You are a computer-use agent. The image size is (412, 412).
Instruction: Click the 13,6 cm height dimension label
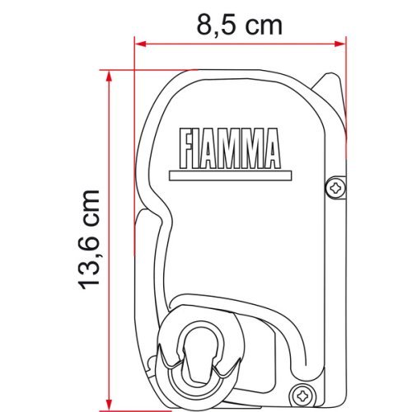click(88, 239)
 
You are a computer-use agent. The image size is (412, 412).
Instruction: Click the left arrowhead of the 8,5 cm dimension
click(140, 44)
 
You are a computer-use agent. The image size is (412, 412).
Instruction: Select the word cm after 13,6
click(88, 207)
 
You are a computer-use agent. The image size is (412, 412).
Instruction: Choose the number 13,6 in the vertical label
click(88, 261)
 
